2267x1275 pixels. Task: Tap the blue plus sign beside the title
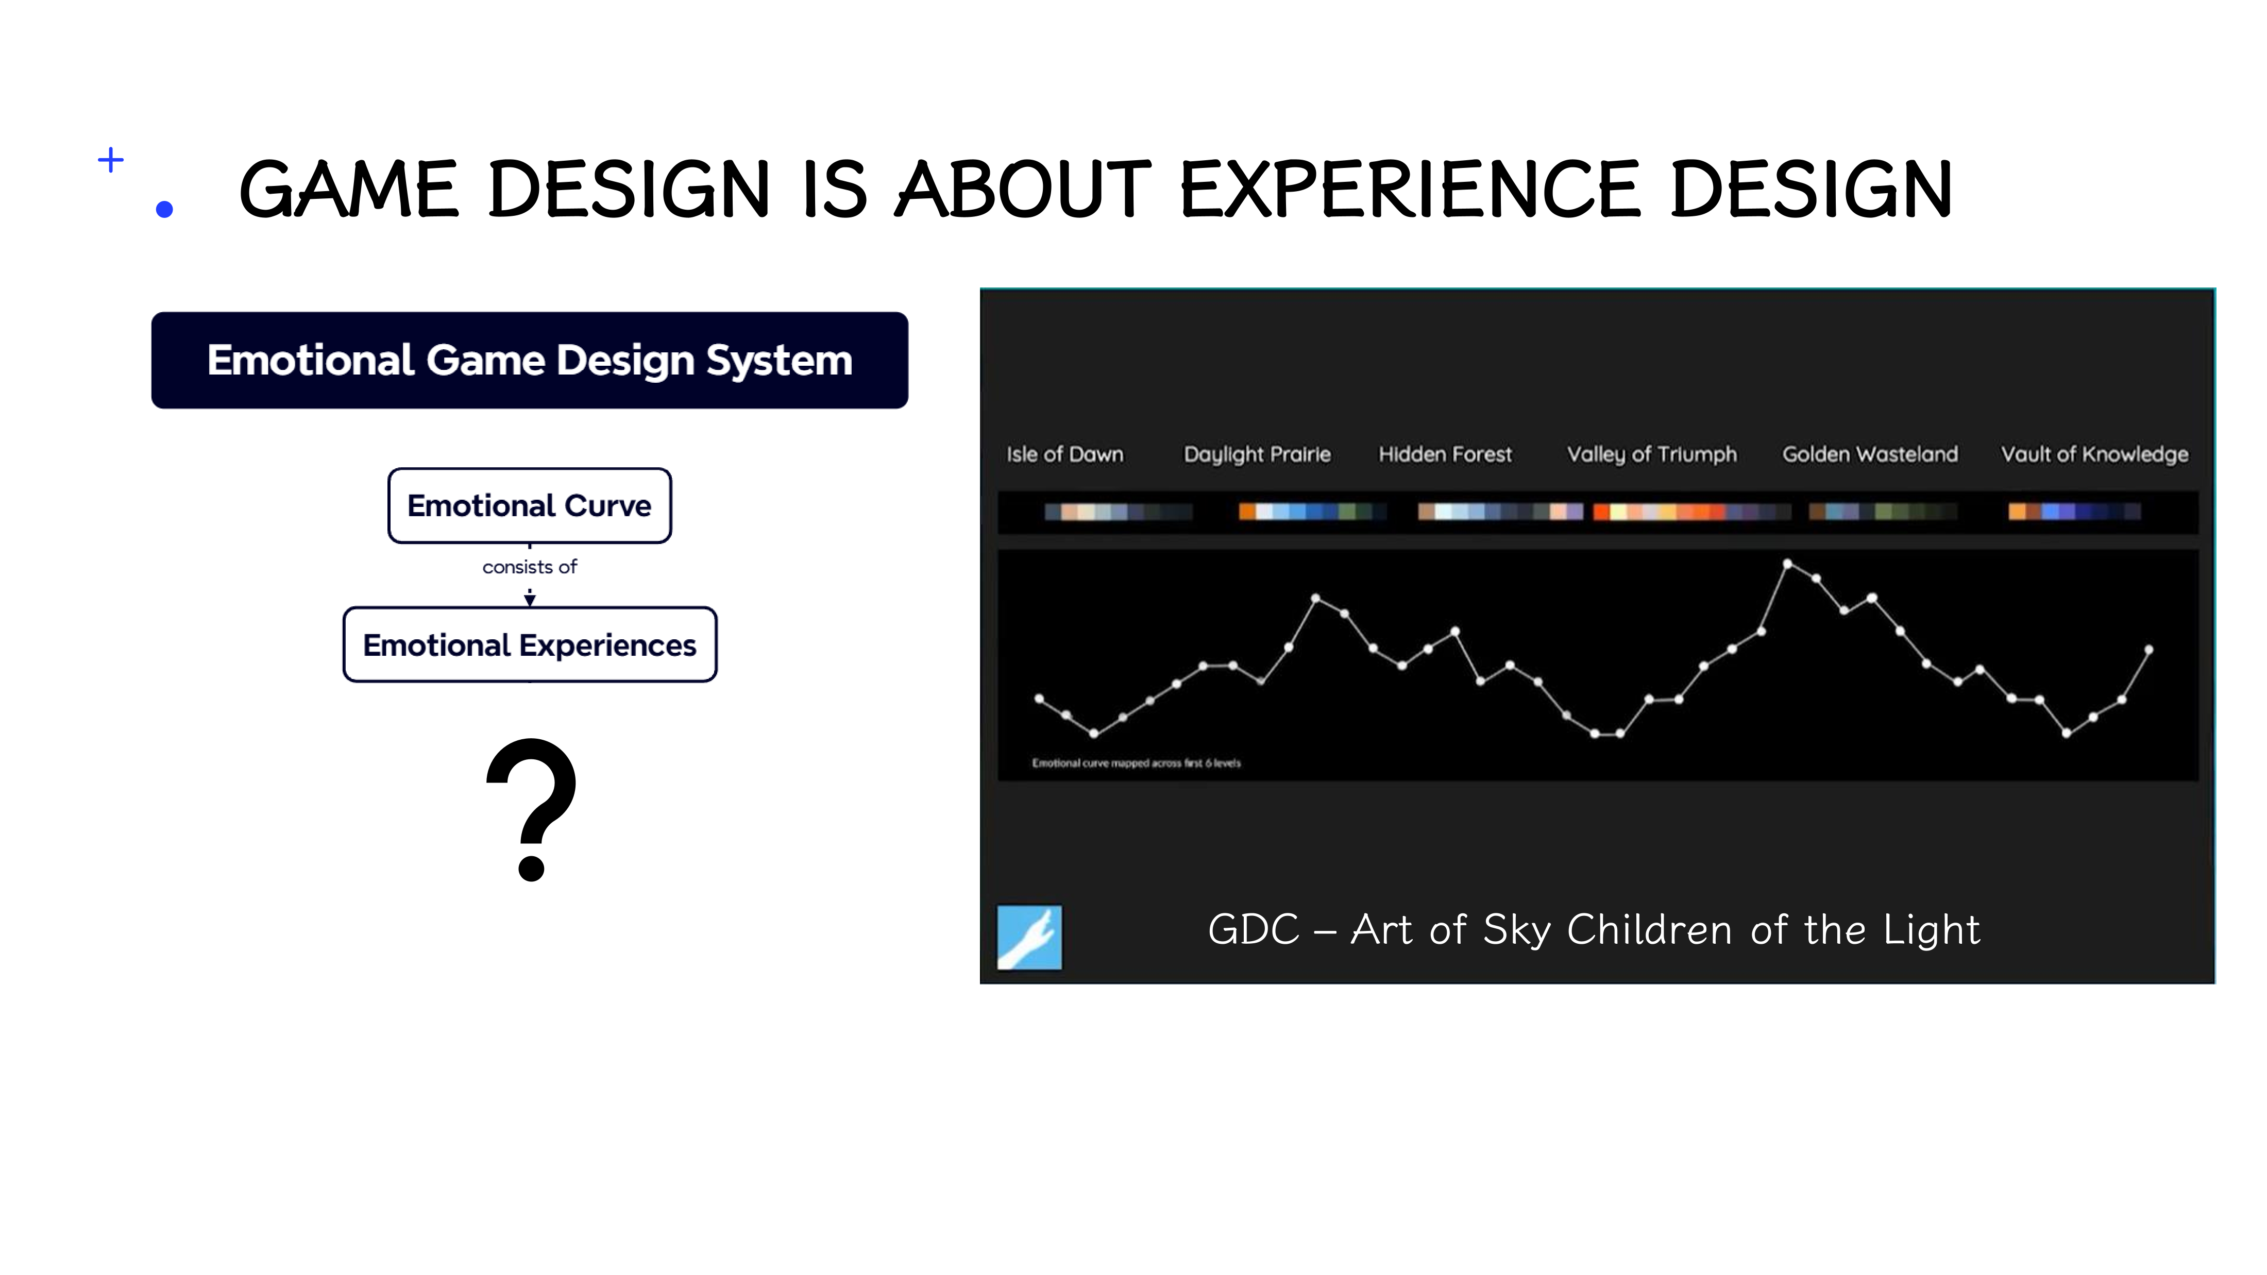point(111,160)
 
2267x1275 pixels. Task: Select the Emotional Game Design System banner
point(530,360)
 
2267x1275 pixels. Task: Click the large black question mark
point(532,809)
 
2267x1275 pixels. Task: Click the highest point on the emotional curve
point(1787,563)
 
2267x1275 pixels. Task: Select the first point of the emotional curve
point(1039,699)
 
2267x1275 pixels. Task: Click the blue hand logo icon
point(1029,937)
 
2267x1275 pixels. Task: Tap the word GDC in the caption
point(1253,930)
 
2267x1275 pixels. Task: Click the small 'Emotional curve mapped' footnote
point(1136,763)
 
